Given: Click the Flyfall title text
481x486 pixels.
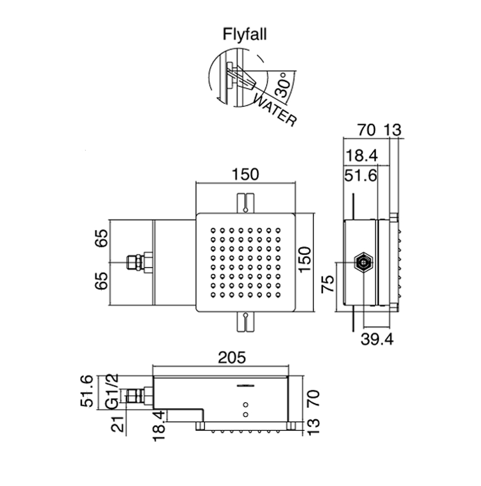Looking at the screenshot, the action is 245,34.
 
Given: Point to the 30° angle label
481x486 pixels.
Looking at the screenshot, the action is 282,84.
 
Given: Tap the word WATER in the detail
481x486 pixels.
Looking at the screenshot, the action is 275,111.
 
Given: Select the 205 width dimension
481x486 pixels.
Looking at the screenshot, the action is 232,358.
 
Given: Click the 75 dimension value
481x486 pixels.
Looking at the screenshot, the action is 328,283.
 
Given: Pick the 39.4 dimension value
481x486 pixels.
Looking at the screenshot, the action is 377,339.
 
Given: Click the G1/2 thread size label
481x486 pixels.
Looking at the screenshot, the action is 112,391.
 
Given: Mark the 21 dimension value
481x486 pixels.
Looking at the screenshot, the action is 118,423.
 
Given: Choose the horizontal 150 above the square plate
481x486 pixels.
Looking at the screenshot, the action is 245,174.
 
